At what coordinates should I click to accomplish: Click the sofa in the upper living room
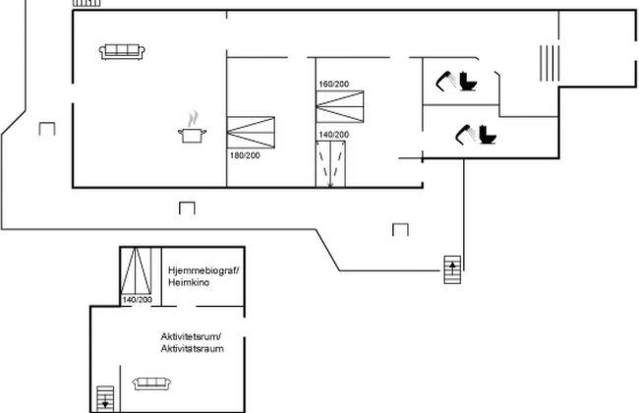click(x=122, y=52)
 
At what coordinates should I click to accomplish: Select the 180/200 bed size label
click(x=245, y=155)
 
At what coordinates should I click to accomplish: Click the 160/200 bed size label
click(x=334, y=84)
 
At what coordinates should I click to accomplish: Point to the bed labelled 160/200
click(x=340, y=106)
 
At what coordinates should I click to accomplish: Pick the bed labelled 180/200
click(x=251, y=133)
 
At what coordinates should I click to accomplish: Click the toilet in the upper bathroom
click(x=468, y=81)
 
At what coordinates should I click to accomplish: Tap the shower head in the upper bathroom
click(x=445, y=81)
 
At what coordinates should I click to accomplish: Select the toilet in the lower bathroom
click(x=488, y=135)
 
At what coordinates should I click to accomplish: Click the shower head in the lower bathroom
click(x=465, y=135)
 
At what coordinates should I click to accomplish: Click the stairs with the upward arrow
click(x=452, y=269)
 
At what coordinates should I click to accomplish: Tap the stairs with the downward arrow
click(x=105, y=398)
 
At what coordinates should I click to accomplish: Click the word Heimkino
click(x=189, y=282)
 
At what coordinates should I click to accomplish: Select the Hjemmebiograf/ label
click(x=203, y=270)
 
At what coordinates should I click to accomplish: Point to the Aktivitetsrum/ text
click(x=191, y=336)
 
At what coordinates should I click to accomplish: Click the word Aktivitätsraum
click(x=192, y=349)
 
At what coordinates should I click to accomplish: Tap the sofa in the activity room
click(x=151, y=383)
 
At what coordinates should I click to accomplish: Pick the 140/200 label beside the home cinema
click(x=138, y=300)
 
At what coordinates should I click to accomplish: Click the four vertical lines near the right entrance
click(x=550, y=63)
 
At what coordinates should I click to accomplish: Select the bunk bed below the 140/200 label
click(x=330, y=164)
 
